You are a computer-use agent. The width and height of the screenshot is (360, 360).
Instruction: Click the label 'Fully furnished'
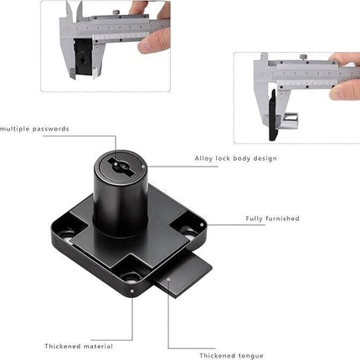(x=272, y=219)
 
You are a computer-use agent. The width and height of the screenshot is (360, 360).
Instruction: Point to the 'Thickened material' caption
(x=79, y=346)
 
